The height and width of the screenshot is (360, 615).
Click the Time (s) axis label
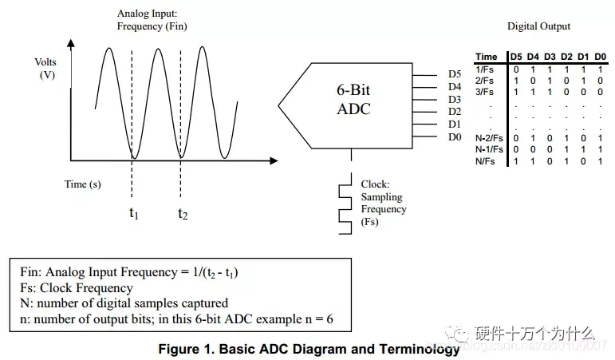(83, 184)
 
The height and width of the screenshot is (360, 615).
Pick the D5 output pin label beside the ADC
(455, 74)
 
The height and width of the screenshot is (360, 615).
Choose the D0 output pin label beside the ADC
(455, 137)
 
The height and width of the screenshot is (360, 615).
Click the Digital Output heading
(538, 26)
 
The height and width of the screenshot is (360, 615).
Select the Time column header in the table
(486, 57)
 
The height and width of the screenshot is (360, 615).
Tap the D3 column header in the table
(550, 57)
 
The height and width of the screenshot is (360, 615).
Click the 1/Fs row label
(484, 69)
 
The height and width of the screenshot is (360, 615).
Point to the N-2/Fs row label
(489, 138)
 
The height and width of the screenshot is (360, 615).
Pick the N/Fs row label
(484, 161)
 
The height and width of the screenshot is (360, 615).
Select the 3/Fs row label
(484, 92)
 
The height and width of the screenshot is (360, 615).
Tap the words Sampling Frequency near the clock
(383, 203)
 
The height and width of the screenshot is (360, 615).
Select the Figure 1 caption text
(309, 350)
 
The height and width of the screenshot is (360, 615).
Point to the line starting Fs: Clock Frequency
(77, 287)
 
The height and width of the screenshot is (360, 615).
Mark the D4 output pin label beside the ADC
(455, 87)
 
